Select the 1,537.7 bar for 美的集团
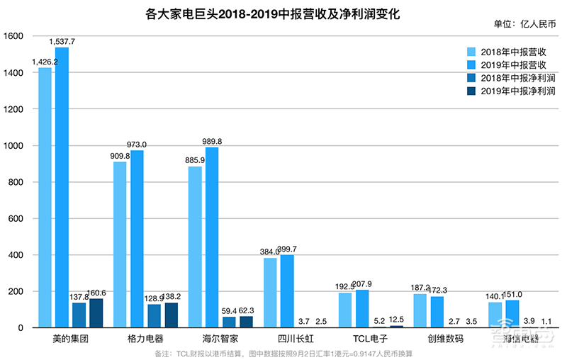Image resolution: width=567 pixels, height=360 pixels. tap(62, 188)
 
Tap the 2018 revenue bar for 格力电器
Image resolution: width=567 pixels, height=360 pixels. tap(120, 244)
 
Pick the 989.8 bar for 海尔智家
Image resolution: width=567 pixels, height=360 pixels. tap(212, 237)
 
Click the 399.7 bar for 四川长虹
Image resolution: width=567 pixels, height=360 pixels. tap(287, 291)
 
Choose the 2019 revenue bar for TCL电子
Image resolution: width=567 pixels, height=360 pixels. tap(362, 308)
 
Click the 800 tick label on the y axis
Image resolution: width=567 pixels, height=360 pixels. tap(17, 182)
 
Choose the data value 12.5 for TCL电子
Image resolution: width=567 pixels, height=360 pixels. tap(396, 319)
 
